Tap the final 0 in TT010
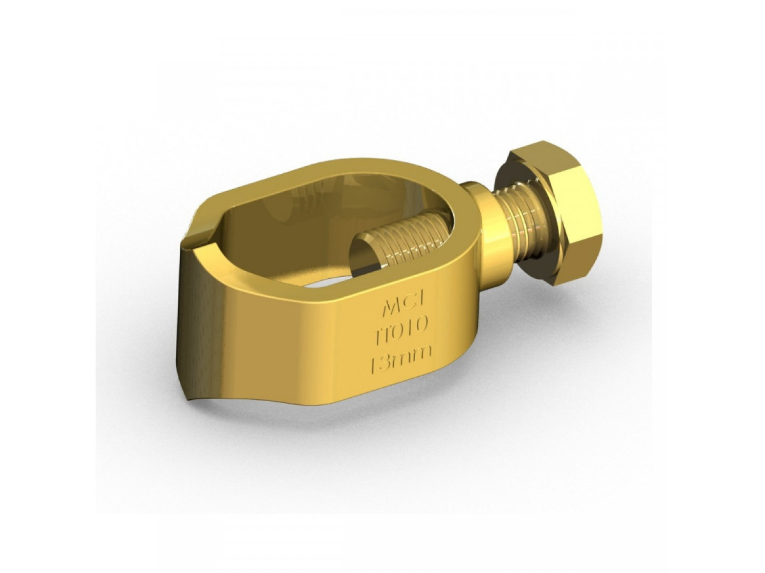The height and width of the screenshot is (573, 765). click(x=425, y=327)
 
